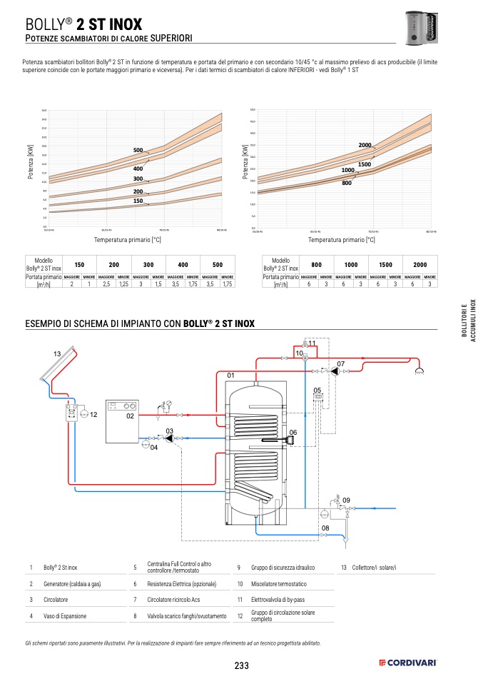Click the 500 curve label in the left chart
point(138,150)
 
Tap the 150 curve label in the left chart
point(138,201)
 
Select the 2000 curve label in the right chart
point(365,146)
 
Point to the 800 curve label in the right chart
point(347,183)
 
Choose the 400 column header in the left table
point(183,264)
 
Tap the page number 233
point(241,665)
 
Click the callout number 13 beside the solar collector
point(57,355)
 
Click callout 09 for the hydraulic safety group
point(346,499)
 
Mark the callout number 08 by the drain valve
point(325,528)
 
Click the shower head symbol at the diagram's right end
point(421,371)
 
